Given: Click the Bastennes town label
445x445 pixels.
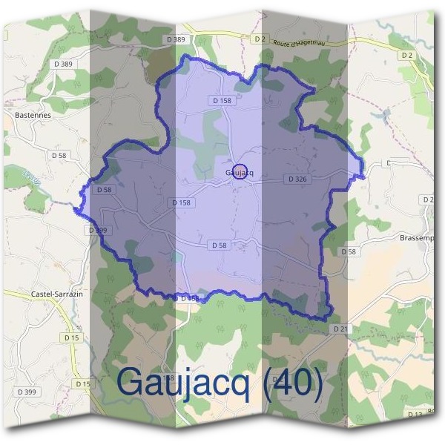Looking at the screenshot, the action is click(x=33, y=116).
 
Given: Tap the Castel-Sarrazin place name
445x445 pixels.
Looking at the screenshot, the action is click(x=56, y=294).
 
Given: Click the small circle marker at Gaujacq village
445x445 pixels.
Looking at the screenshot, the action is click(x=239, y=172).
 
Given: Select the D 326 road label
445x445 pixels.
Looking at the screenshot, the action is click(x=297, y=179).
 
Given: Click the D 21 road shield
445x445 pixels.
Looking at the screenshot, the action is click(x=340, y=328).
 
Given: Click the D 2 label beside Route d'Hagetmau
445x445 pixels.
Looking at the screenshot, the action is click(x=259, y=38).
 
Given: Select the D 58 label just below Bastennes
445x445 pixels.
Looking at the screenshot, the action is click(x=59, y=155).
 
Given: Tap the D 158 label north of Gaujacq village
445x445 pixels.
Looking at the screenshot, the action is click(x=222, y=100).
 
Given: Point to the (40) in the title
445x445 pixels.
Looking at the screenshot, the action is click(x=296, y=383).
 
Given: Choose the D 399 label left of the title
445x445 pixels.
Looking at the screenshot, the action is click(x=25, y=392).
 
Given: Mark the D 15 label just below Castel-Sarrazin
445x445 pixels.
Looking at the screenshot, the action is click(x=71, y=337).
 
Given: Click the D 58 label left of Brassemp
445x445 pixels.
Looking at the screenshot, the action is click(x=348, y=252).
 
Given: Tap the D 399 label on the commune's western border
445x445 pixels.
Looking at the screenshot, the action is click(x=97, y=231).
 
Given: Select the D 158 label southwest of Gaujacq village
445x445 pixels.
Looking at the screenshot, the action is click(x=181, y=202).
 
